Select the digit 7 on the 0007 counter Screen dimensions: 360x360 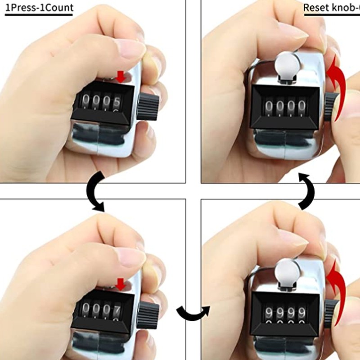(117, 310)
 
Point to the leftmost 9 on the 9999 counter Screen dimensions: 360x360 (269, 312)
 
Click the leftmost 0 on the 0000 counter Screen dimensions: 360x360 (269, 106)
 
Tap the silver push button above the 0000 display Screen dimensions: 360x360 (287, 64)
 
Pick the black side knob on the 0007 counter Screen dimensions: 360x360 (149, 315)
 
